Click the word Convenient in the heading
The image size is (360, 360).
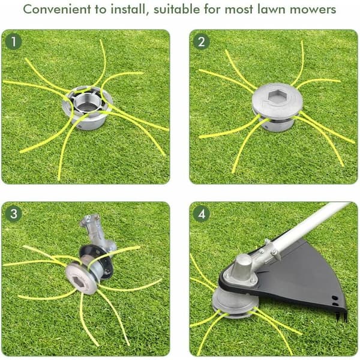(x=57, y=10)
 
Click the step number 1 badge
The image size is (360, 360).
(x=13, y=41)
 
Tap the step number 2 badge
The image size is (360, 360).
(x=202, y=41)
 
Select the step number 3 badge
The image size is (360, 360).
(x=13, y=214)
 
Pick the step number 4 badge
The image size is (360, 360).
(x=202, y=214)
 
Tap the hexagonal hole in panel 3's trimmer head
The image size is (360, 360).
(x=78, y=281)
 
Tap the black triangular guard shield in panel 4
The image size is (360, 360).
(x=298, y=280)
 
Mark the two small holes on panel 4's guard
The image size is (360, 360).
(x=335, y=301)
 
